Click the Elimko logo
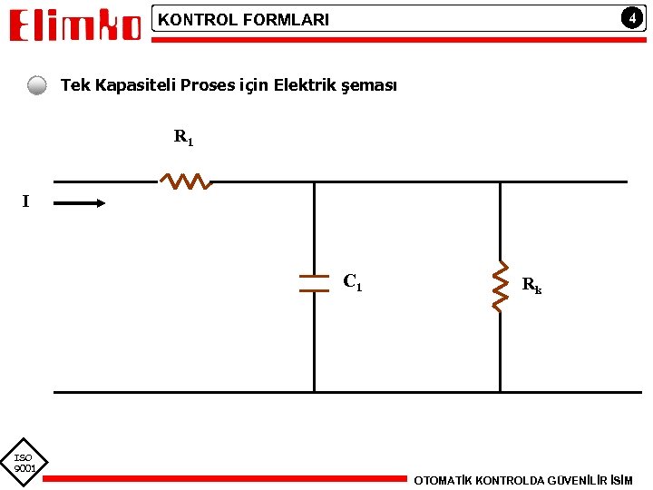click(x=76, y=24)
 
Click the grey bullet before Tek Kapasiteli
click(x=36, y=86)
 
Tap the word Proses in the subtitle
click(x=206, y=85)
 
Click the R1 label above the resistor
click(x=183, y=138)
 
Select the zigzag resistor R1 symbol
click(x=185, y=181)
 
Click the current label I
click(x=25, y=201)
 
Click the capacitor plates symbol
click(x=314, y=282)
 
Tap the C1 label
click(x=353, y=282)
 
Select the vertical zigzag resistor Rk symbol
click(x=499, y=286)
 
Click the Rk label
click(x=531, y=285)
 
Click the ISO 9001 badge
click(x=24, y=463)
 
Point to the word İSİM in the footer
click(x=622, y=479)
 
